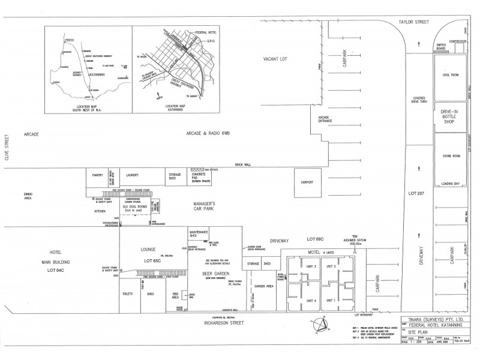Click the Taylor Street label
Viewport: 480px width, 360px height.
[413, 22]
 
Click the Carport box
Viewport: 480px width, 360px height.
[307, 182]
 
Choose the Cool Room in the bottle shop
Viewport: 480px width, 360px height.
[450, 76]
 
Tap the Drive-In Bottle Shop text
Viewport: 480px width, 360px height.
[450, 116]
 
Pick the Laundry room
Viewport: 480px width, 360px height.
[133, 175]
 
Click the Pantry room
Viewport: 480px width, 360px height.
[98, 175]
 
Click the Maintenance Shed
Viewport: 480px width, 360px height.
[199, 234]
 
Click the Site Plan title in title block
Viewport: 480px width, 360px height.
[415, 331]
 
